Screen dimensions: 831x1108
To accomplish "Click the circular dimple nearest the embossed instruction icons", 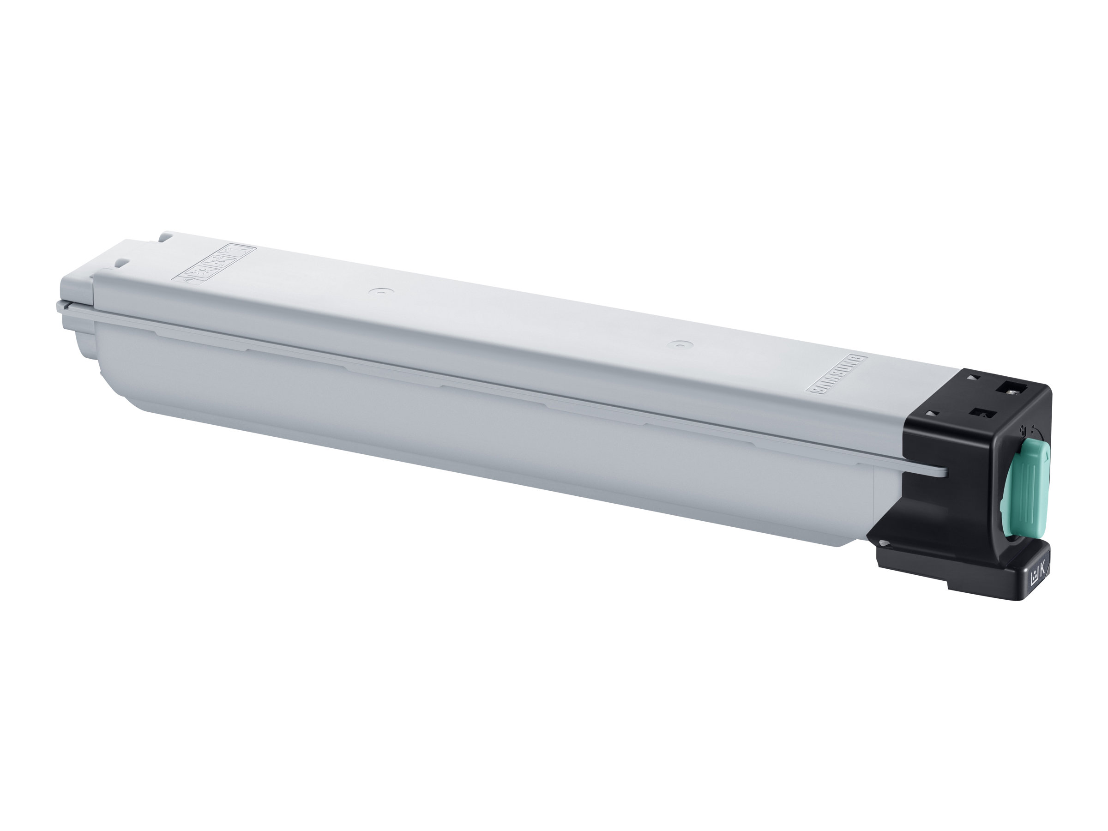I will click(x=381, y=290).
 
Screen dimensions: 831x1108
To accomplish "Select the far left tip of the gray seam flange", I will click(x=59, y=305).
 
